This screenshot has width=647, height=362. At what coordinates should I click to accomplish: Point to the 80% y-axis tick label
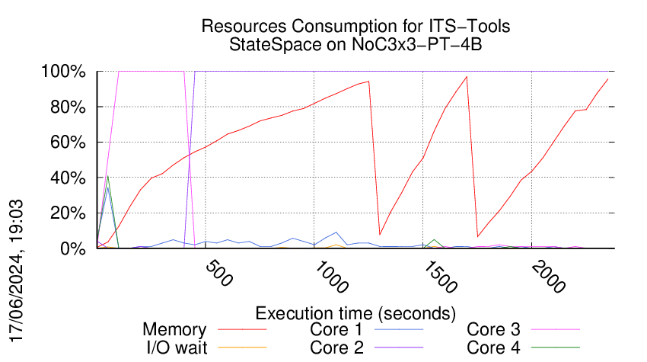[x=67, y=107]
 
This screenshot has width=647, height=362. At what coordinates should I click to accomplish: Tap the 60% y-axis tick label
[x=67, y=143]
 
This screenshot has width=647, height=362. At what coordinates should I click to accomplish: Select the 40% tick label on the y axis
[x=67, y=178]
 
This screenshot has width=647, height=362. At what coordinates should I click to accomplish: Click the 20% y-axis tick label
[x=67, y=213]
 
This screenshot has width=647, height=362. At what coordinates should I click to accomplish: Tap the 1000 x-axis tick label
[x=331, y=280]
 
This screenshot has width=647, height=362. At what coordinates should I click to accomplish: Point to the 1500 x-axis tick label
[x=441, y=280]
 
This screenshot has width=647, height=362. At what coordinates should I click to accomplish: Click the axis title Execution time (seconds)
[x=355, y=313]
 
